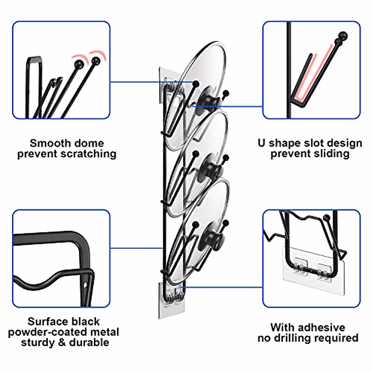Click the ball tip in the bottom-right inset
(x=326, y=218)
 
